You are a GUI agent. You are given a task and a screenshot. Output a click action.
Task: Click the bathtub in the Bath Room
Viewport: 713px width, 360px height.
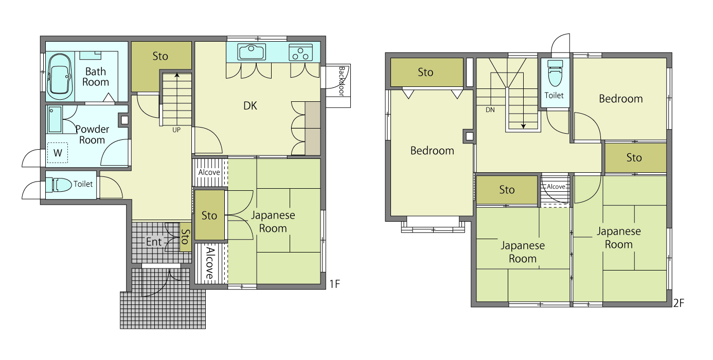[x=59, y=77]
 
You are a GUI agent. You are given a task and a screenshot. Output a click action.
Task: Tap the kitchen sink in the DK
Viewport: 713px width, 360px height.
[x=252, y=52]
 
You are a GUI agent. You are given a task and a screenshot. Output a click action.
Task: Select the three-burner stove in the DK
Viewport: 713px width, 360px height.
[x=300, y=52]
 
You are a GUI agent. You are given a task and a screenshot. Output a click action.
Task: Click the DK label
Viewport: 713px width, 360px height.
[x=250, y=105]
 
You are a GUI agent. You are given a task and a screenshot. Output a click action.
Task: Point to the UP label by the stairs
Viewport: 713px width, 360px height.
[x=176, y=130]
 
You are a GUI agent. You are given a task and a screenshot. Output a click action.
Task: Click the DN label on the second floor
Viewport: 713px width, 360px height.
[x=490, y=110]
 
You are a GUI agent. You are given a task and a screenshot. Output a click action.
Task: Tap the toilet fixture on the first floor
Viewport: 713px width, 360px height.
[x=59, y=185]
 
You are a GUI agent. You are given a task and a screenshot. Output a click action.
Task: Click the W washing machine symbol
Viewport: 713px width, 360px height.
[x=58, y=153]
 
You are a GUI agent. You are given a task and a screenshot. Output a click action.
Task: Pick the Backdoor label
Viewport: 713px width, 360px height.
[x=341, y=81]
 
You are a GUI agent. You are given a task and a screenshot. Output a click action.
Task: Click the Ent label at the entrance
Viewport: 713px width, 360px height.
[x=154, y=242]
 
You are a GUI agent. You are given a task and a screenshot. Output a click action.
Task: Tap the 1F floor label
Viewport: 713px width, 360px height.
[x=334, y=283]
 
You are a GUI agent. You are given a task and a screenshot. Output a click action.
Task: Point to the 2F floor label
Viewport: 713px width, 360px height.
[x=679, y=303]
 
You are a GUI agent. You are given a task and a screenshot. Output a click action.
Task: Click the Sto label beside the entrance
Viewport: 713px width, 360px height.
[x=185, y=237]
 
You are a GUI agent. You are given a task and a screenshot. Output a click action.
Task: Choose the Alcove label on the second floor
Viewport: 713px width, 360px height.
[x=556, y=187]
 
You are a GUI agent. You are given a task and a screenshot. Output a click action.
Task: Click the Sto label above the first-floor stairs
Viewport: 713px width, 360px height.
[x=160, y=56]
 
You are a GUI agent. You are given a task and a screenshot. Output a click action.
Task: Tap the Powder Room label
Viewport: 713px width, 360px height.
[x=92, y=134]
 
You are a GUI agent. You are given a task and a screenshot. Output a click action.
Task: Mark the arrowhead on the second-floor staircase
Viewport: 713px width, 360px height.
[x=523, y=127]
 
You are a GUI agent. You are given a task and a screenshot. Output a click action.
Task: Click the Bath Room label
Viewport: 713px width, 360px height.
[x=96, y=77]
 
